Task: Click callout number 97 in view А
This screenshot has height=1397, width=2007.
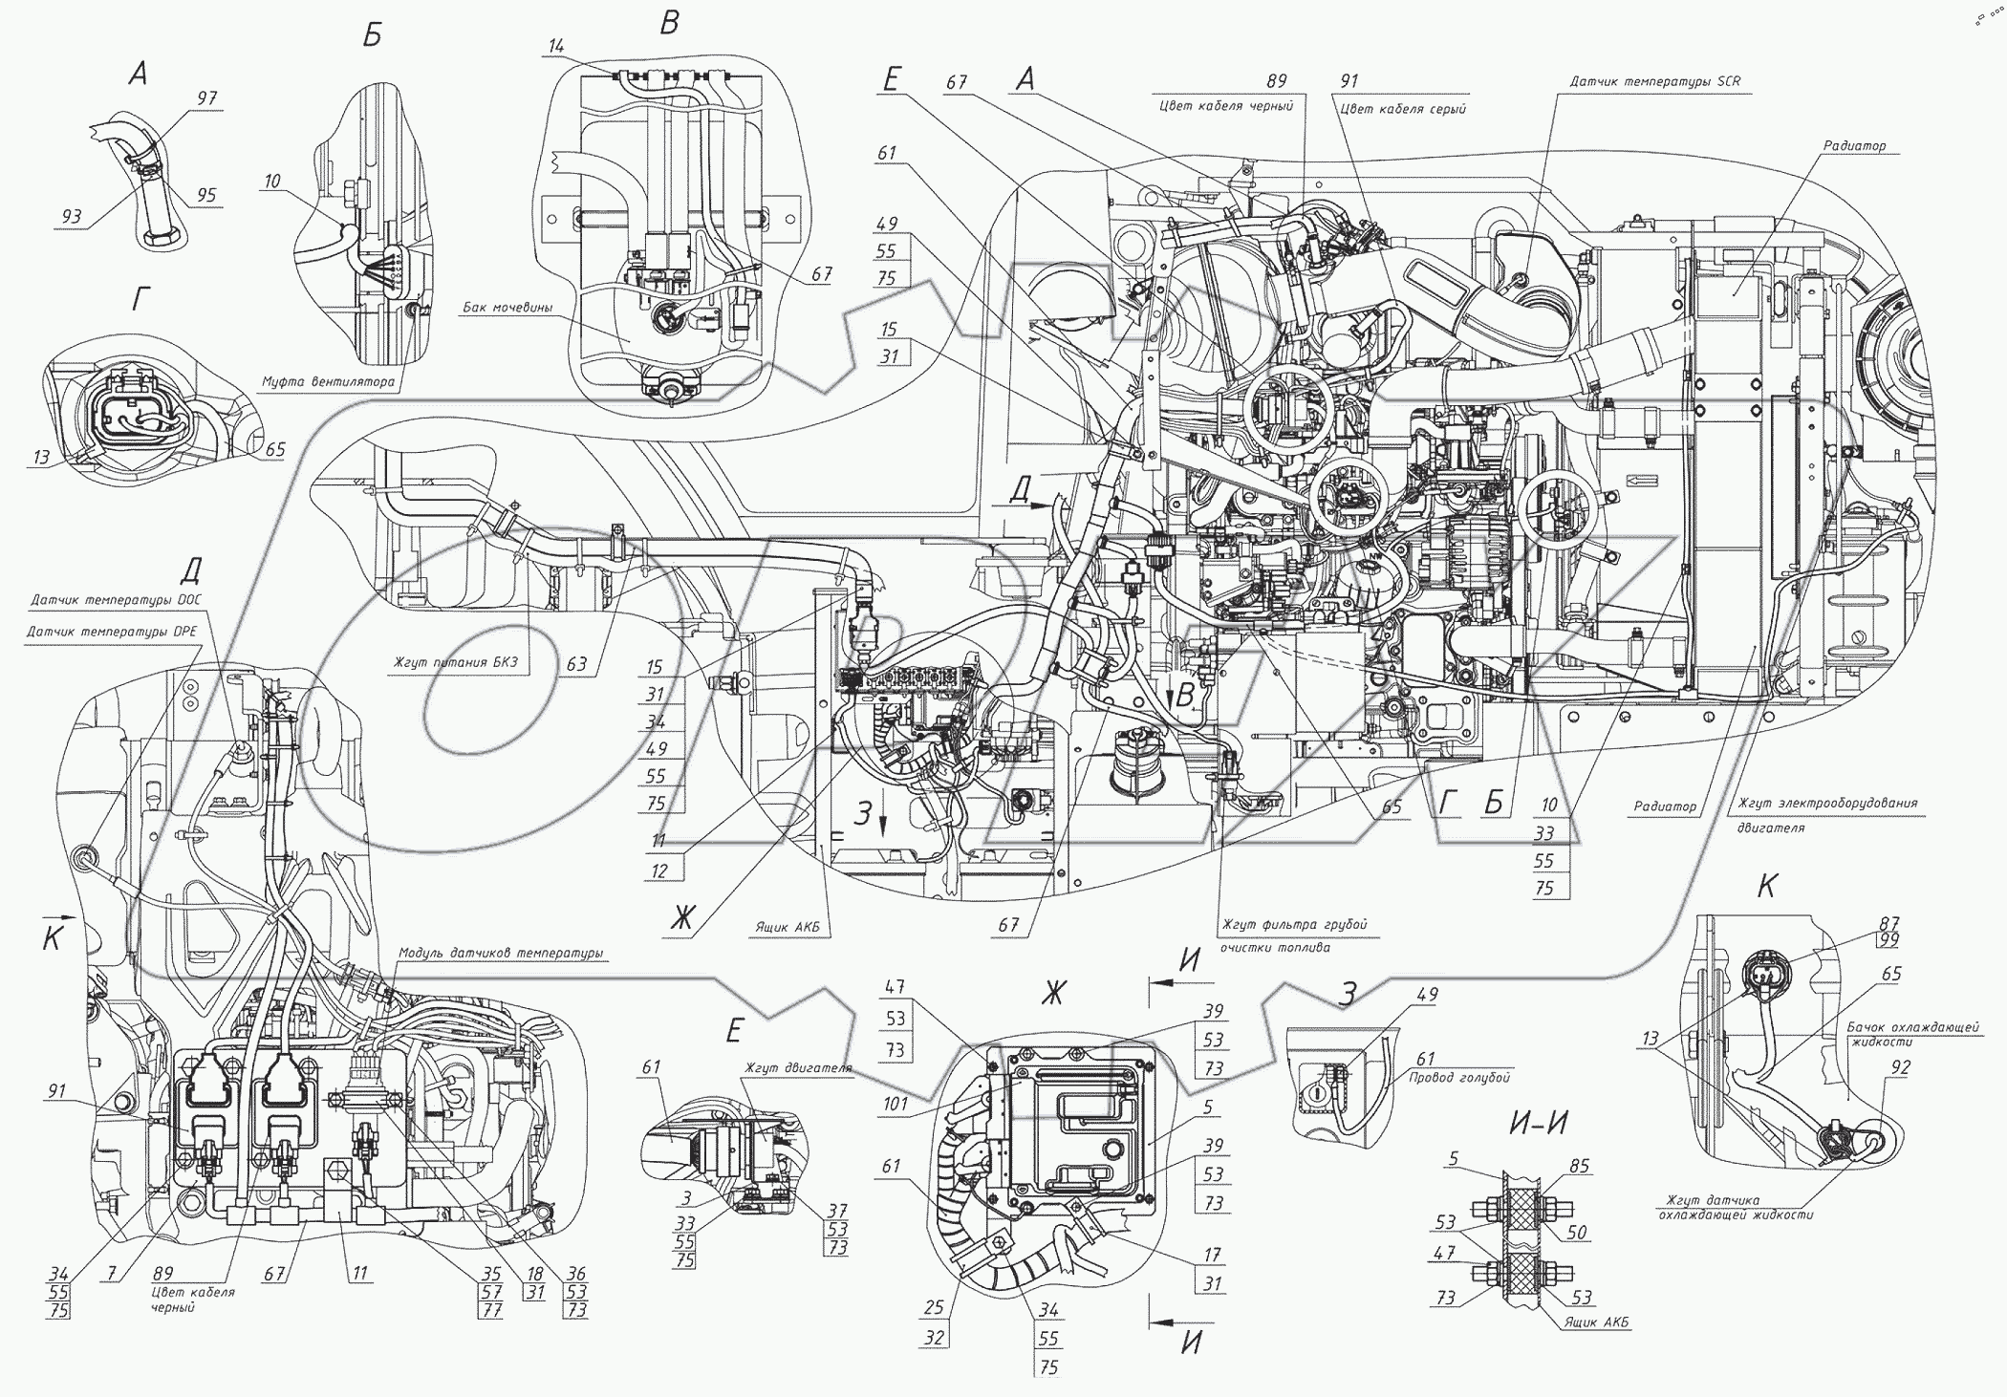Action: coord(207,98)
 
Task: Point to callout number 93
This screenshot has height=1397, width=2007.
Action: coord(71,217)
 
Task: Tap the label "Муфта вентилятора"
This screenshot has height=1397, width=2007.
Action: coord(328,382)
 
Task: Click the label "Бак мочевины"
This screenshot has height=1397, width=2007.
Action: coord(507,308)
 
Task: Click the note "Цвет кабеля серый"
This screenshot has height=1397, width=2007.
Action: coord(1402,108)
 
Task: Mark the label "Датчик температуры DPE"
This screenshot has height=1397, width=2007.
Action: coord(112,632)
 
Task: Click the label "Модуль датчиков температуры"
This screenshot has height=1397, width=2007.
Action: coord(501,953)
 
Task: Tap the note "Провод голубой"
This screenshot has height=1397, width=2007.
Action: coord(1459,1078)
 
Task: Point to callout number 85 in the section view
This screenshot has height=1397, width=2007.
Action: coord(1579,1166)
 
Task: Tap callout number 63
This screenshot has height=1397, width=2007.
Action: coord(576,662)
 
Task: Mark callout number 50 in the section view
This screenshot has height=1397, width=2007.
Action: coord(1577,1233)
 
